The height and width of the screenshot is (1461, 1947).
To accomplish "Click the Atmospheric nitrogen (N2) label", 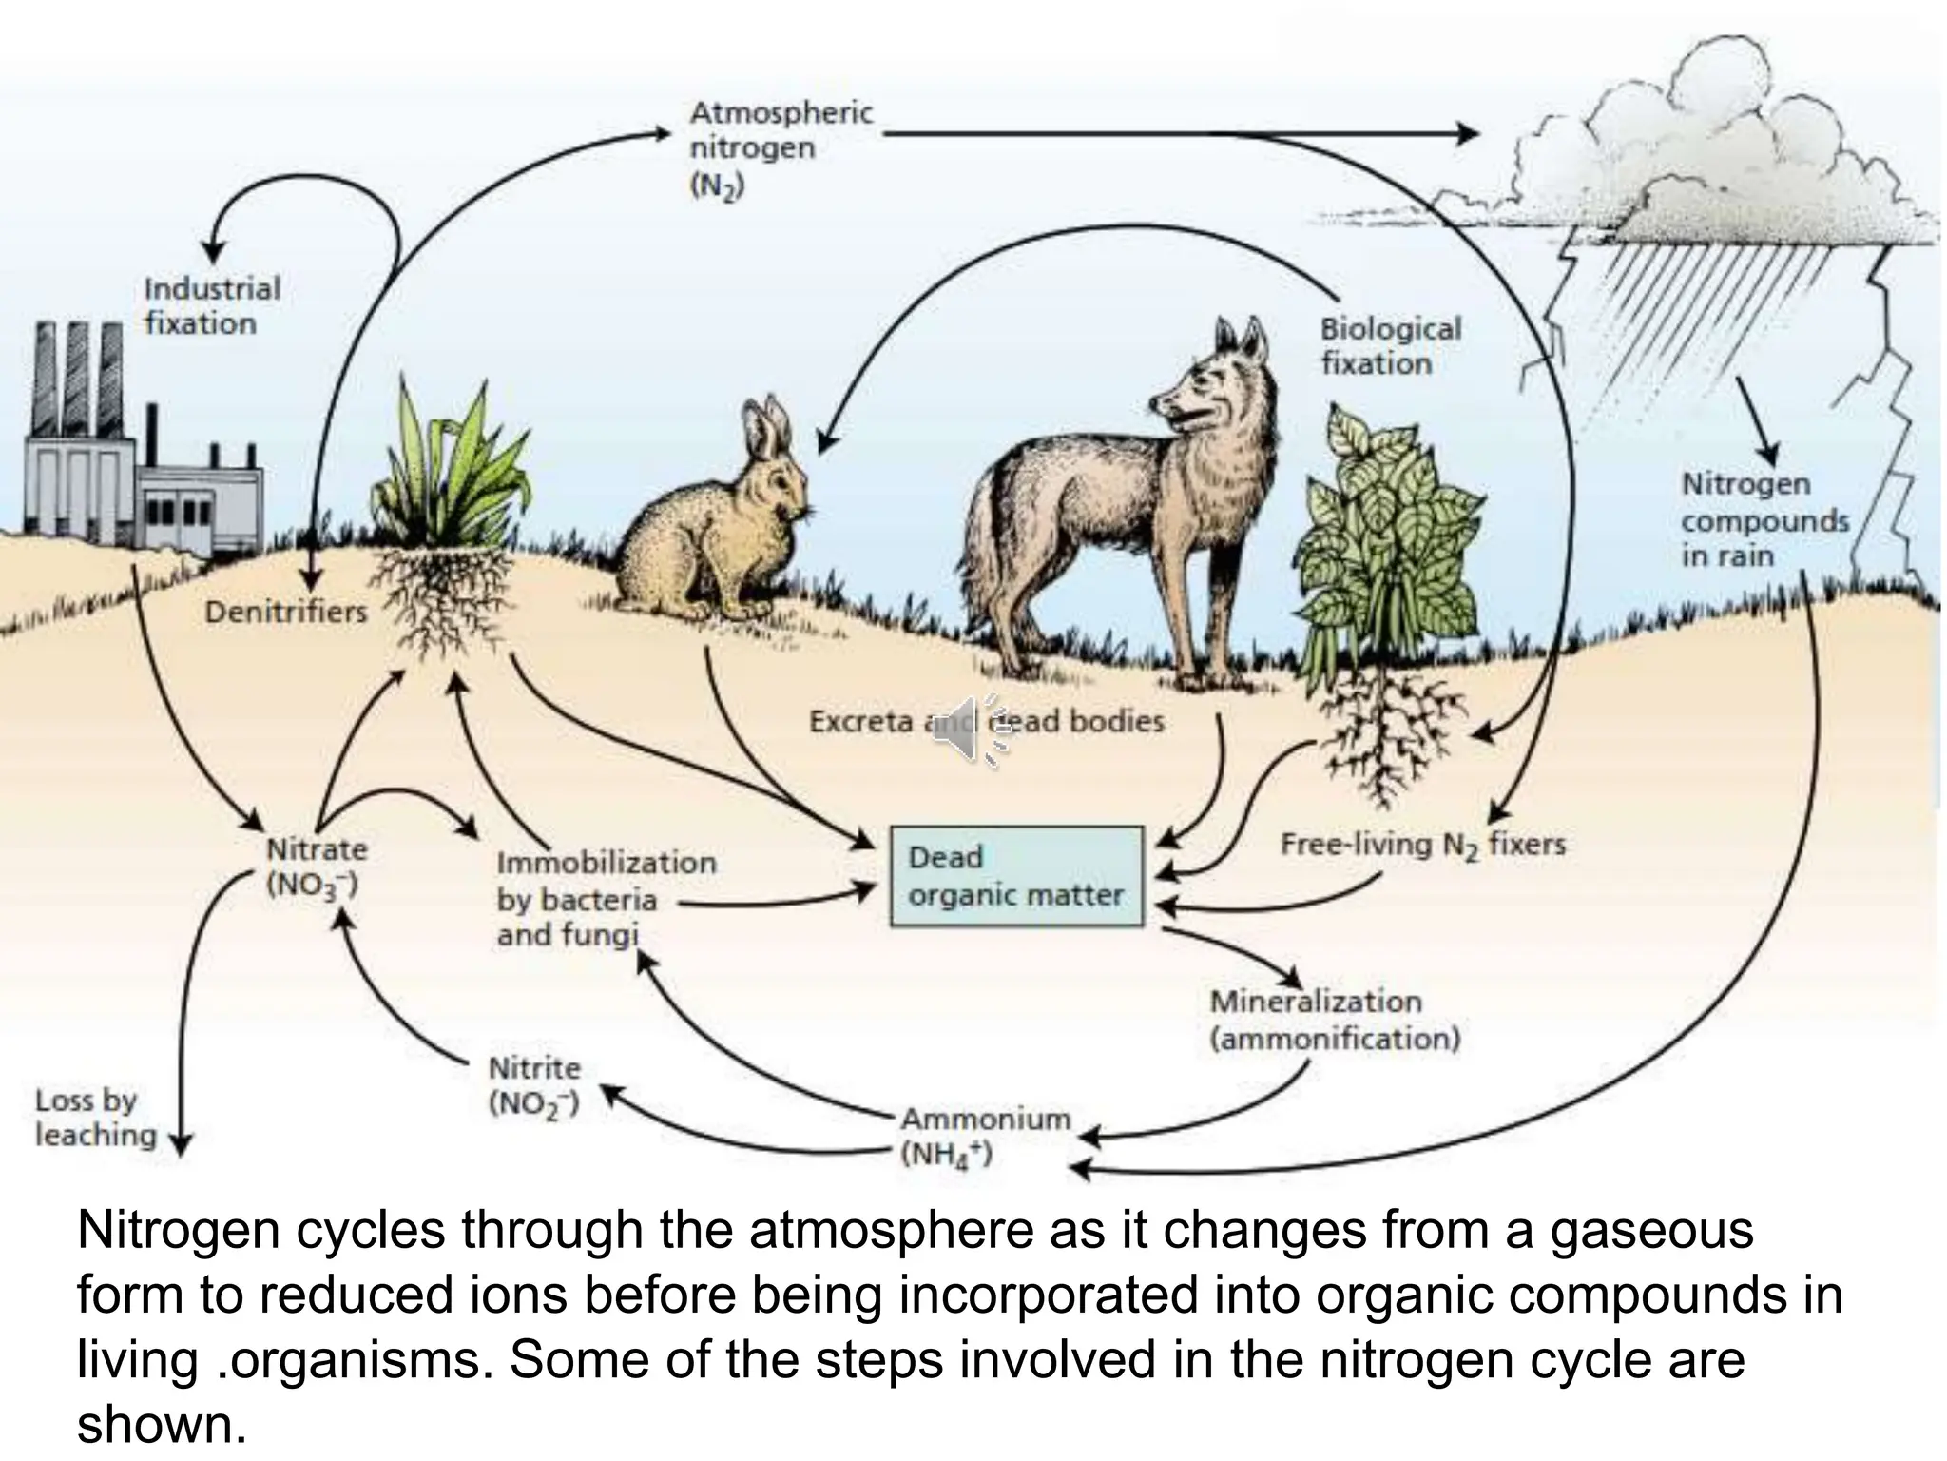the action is tap(781, 148).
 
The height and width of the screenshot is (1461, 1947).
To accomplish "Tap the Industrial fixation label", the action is tap(212, 305).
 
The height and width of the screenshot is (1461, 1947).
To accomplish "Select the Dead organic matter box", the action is tap(1016, 876).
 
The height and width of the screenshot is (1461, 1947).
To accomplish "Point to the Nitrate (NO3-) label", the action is tap(317, 867).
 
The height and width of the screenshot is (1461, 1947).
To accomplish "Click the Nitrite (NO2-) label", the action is tap(534, 1085).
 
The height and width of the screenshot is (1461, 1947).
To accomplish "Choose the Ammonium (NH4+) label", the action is tap(985, 1136).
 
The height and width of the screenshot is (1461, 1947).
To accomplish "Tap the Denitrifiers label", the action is tap(285, 611).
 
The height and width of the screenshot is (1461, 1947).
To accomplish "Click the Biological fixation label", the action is tap(1390, 345).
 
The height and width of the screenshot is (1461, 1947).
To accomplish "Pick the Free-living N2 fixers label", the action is tap(1422, 845).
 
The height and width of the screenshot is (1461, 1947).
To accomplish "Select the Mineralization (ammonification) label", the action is tap(1335, 1020).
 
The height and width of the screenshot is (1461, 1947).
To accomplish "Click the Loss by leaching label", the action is tap(95, 1118).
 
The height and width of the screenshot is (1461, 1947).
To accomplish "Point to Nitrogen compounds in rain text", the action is tap(1764, 519).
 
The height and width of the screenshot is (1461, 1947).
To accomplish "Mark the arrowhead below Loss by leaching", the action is tap(181, 1143).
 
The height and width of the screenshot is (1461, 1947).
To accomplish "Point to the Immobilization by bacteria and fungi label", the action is tap(606, 899).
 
